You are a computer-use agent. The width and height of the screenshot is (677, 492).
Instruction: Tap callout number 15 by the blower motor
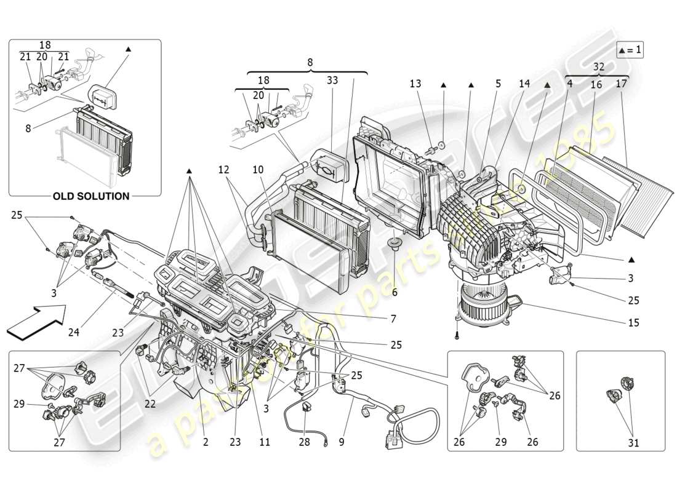pos(633,322)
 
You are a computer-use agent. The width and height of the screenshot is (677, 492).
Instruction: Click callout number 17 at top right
pos(621,84)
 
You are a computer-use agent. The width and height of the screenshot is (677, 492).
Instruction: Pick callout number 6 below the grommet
pos(394,293)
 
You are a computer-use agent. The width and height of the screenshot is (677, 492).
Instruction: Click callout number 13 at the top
pos(416,84)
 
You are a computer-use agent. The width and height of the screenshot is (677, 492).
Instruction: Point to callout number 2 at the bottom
pos(205,442)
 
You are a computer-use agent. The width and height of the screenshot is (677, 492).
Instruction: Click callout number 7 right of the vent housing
pos(392,319)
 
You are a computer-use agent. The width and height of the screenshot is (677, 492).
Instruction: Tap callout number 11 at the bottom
pos(265,442)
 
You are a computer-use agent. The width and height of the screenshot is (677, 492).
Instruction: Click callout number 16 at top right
pos(596,84)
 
